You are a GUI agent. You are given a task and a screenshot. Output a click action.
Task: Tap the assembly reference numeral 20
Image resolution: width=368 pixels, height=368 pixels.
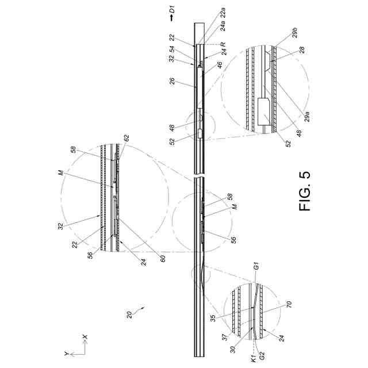[131, 313]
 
